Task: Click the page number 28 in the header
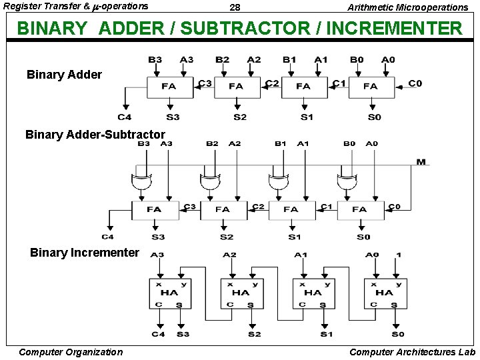(235, 7)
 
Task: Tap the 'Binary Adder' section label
(64, 75)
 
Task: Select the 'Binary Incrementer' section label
(85, 253)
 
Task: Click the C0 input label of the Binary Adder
(415, 83)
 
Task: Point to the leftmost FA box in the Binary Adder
(169, 86)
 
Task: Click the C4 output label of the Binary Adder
(125, 117)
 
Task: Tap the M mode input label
(421, 162)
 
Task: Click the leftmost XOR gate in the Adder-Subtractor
(140, 182)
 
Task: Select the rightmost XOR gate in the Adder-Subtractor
(347, 182)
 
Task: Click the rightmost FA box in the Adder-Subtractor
(360, 209)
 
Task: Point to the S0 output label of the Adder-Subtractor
(363, 237)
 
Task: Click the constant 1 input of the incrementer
(399, 255)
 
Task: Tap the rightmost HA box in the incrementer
(385, 293)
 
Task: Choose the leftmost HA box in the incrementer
(169, 293)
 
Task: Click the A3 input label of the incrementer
(158, 255)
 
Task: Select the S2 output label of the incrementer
(254, 334)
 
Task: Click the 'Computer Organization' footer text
(71, 352)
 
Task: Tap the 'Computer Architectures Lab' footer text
(413, 352)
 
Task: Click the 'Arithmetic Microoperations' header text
(408, 7)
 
